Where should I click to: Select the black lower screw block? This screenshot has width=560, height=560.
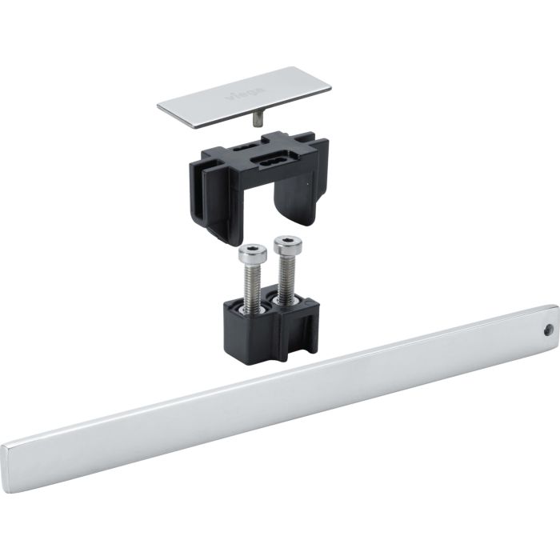(264, 316)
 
